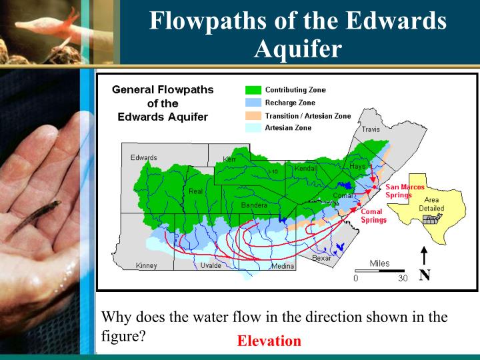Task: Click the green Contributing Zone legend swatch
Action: tap(253, 90)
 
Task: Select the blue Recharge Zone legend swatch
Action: tap(253, 103)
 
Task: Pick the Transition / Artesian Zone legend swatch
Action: tap(253, 116)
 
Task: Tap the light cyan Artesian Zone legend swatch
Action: tap(253, 128)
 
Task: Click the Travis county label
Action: tap(371, 129)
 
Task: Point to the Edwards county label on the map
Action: tap(143, 158)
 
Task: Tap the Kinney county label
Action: tap(146, 266)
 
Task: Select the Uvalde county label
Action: tap(212, 266)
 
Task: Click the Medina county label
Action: tap(282, 267)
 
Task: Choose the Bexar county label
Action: tap(321, 258)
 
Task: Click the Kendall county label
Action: tap(305, 169)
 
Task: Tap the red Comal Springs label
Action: tap(373, 216)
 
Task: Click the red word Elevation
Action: tap(269, 341)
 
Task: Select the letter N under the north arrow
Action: tap(424, 275)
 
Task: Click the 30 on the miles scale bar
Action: tap(403, 279)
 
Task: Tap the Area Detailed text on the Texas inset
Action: tap(431, 204)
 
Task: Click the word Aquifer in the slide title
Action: tap(298, 49)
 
